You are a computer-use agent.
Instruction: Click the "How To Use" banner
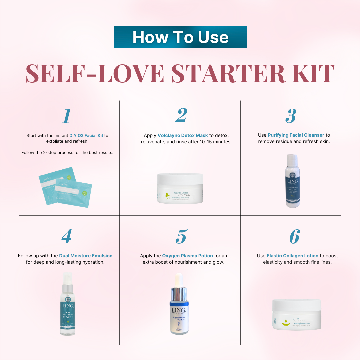(x=180, y=37)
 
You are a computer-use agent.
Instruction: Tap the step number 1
(x=67, y=116)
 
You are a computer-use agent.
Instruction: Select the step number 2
(x=181, y=116)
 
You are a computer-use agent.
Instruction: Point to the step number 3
(x=291, y=116)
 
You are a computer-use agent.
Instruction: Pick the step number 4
(x=66, y=237)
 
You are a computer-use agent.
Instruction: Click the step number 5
(x=181, y=237)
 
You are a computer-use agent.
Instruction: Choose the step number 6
(x=294, y=237)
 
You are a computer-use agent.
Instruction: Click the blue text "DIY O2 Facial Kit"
(x=86, y=135)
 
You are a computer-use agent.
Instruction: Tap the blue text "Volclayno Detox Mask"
(x=183, y=135)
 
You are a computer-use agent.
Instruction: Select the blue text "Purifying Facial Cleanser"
(x=296, y=135)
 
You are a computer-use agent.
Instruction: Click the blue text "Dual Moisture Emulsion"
(x=86, y=256)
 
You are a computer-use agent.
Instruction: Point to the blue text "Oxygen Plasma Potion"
(x=187, y=256)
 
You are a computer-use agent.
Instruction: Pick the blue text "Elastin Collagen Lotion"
(x=292, y=256)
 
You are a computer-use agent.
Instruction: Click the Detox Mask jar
(x=180, y=189)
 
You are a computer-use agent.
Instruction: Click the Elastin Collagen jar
(x=296, y=314)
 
